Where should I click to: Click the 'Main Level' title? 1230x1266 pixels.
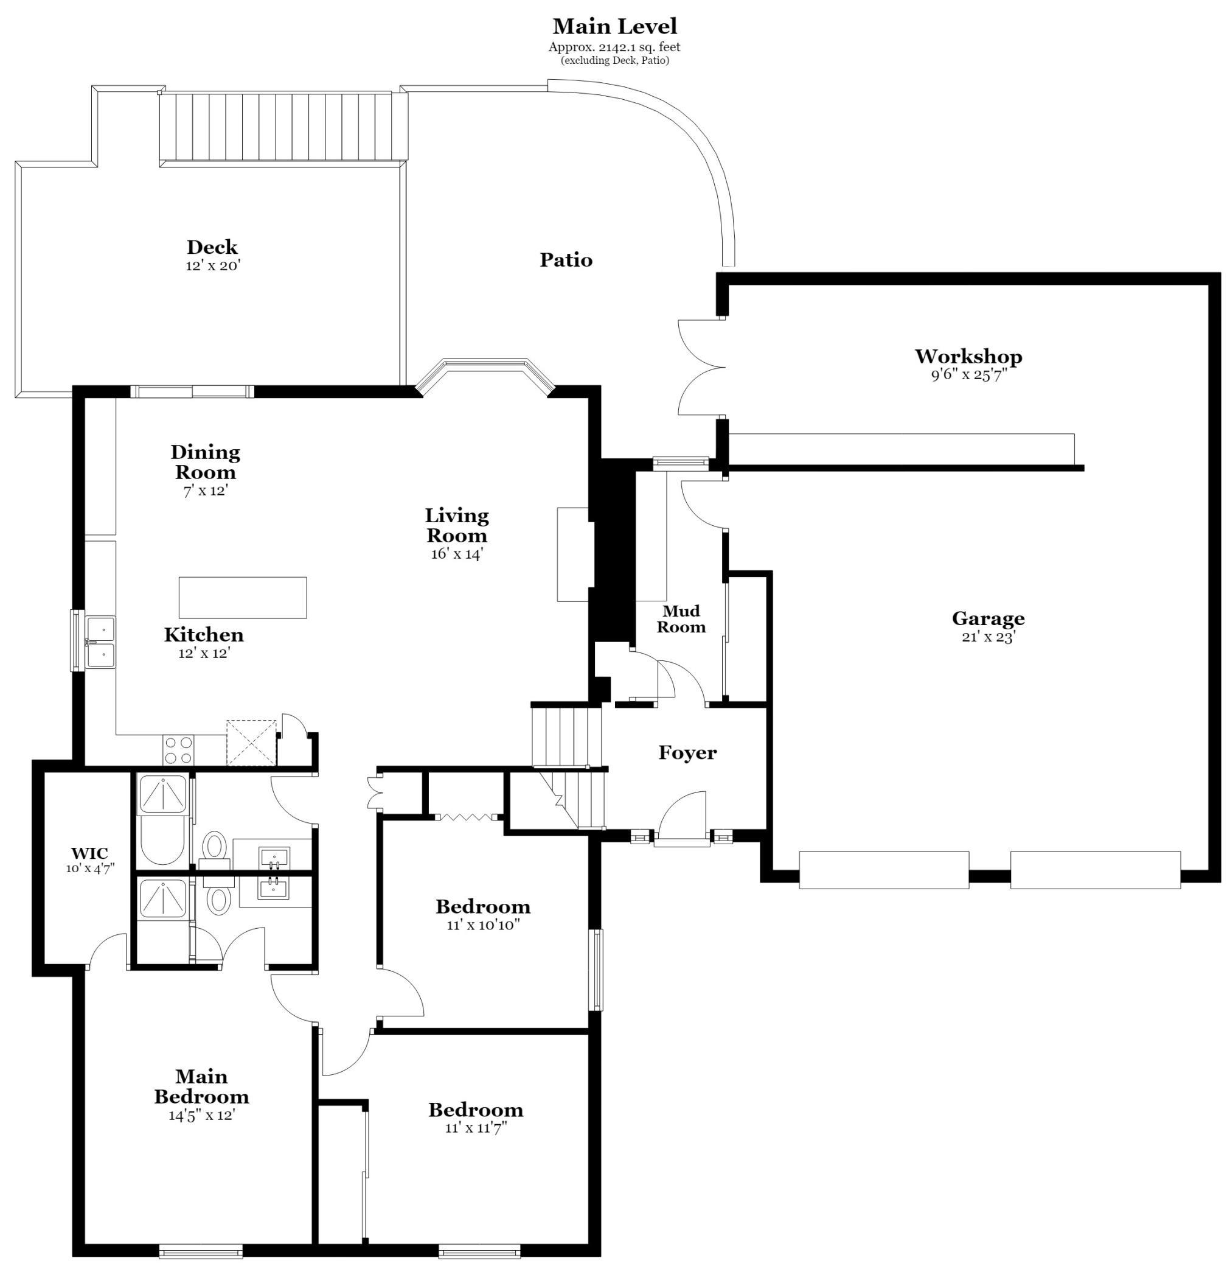click(614, 27)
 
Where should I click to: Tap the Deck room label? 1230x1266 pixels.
click(212, 247)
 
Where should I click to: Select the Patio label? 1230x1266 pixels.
click(566, 260)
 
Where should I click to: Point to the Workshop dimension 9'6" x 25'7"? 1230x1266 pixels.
click(968, 376)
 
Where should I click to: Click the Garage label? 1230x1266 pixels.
click(988, 618)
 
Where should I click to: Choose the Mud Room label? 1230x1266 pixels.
click(681, 619)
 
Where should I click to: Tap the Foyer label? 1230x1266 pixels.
click(687, 753)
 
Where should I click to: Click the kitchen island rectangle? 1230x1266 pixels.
click(242, 598)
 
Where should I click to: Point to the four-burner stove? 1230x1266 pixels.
click(179, 751)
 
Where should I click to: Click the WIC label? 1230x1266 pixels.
click(89, 854)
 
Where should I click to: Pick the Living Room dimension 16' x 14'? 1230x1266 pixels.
click(457, 554)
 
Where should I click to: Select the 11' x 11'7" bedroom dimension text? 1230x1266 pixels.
click(476, 1128)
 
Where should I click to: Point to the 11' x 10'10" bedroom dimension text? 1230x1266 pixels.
click(483, 925)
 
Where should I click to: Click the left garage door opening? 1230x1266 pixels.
click(884, 870)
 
